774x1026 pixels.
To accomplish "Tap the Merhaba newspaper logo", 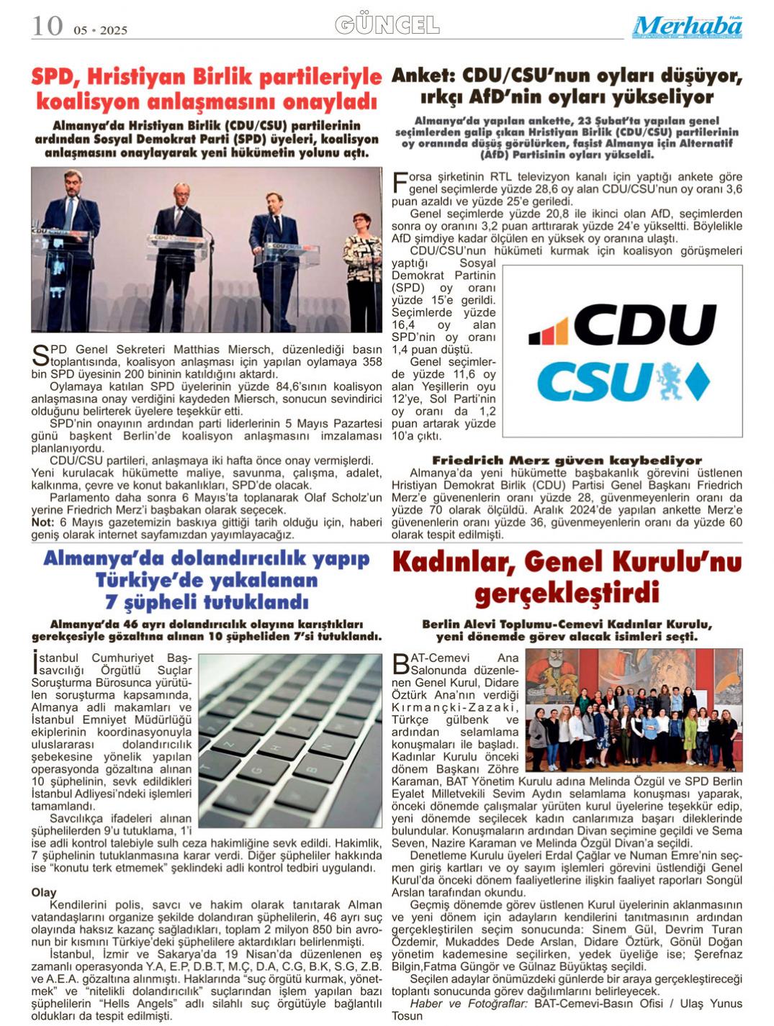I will (687, 27).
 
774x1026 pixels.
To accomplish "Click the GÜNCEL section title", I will (387, 25).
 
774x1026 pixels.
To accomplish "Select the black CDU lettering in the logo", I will (644, 324).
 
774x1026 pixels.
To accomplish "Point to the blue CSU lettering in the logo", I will (594, 381).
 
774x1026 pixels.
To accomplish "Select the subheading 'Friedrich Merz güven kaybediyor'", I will (567, 460).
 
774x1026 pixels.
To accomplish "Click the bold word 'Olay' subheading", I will (44, 892).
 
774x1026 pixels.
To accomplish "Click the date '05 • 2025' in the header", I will (100, 30).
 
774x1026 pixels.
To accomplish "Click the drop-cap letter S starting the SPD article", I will (40, 355).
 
